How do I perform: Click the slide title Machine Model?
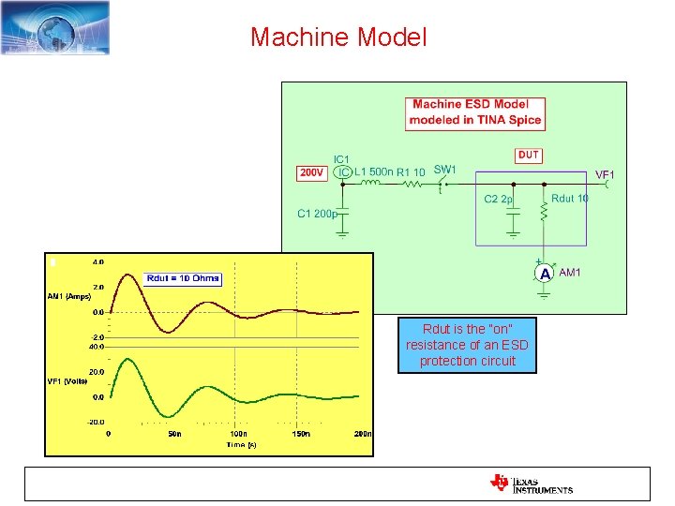[338, 37]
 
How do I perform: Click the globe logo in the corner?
[55, 27]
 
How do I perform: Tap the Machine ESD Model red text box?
[476, 112]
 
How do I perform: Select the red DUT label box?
[529, 155]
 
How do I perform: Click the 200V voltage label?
[311, 173]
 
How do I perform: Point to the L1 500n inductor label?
[374, 171]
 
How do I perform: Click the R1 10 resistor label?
[411, 172]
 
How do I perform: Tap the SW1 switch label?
[444, 170]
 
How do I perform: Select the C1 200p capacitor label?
[316, 214]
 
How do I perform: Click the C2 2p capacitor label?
[498, 200]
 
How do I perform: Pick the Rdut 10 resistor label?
[570, 199]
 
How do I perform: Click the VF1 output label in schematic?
[606, 174]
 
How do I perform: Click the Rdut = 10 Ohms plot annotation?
[183, 277]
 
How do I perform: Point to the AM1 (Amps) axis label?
[68, 296]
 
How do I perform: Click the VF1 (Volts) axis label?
[68, 381]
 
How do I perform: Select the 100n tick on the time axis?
[238, 434]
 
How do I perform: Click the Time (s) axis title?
[240, 445]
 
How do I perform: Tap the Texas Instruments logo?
[531, 484]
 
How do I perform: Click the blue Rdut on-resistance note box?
[467, 345]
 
